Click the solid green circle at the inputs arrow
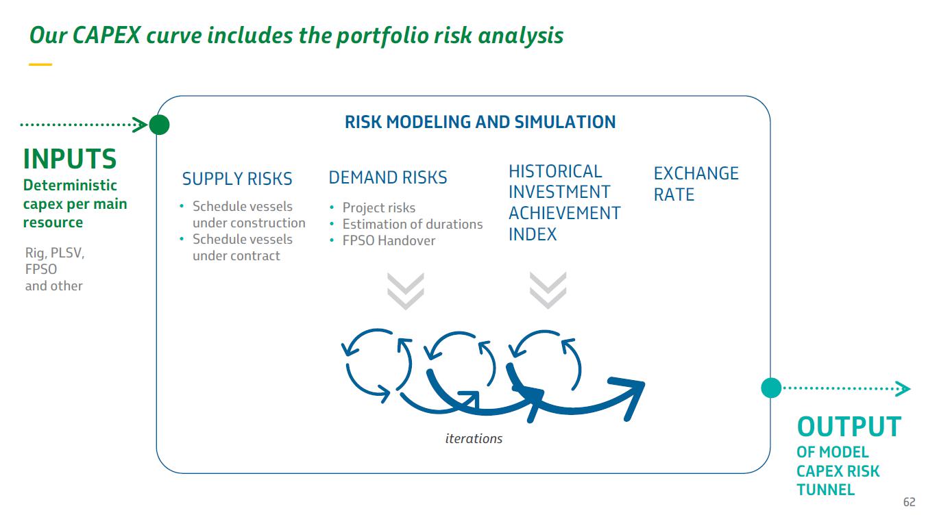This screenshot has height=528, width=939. coord(159,125)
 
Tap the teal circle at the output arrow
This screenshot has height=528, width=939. coord(771,388)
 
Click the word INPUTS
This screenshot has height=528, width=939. coord(70,159)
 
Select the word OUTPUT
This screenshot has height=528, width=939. coord(849,427)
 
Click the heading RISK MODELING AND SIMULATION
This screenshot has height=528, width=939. coord(480,122)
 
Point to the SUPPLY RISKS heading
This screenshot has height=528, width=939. coord(237,179)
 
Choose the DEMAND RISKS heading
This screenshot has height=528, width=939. coord(388,177)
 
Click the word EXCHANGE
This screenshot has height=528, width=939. coord(696,173)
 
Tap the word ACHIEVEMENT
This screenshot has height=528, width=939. coord(564,213)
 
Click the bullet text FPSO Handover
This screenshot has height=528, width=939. coord(389,241)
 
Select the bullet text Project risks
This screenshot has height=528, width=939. coord(378,208)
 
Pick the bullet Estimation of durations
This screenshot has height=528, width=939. coord(413,225)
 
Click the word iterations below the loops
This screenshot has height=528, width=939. coord(474,438)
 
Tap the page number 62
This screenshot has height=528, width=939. coord(910,502)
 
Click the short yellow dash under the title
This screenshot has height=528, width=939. coord(40,64)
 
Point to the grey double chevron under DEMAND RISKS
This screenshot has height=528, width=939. coord(405,292)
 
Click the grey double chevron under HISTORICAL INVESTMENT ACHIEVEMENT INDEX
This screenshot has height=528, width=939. coord(548,290)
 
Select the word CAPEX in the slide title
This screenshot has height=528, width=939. coord(106,35)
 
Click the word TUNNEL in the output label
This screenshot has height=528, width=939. coord(825,490)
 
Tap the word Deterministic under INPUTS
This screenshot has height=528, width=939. coord(70,185)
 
